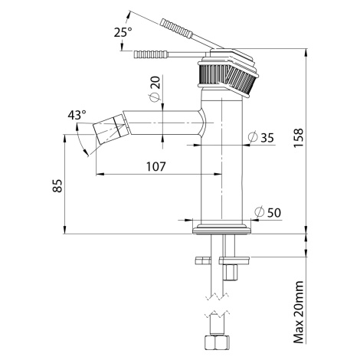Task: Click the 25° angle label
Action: click(123, 32)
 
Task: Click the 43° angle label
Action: click(77, 115)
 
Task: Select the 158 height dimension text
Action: click(298, 138)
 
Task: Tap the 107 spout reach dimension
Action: click(155, 166)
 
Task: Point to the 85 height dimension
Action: click(57, 186)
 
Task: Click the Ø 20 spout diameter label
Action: click(155, 89)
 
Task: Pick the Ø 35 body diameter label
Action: click(260, 137)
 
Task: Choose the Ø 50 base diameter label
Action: click(268, 212)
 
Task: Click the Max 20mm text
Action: click(298, 313)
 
